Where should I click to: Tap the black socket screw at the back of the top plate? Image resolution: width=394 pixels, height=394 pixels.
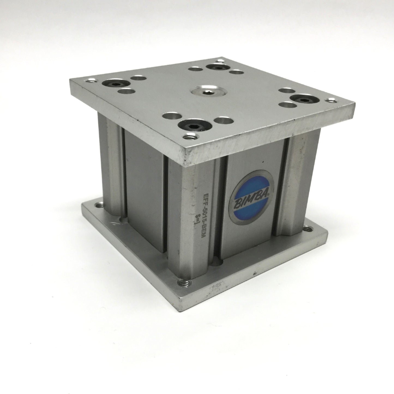(x=217, y=67)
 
